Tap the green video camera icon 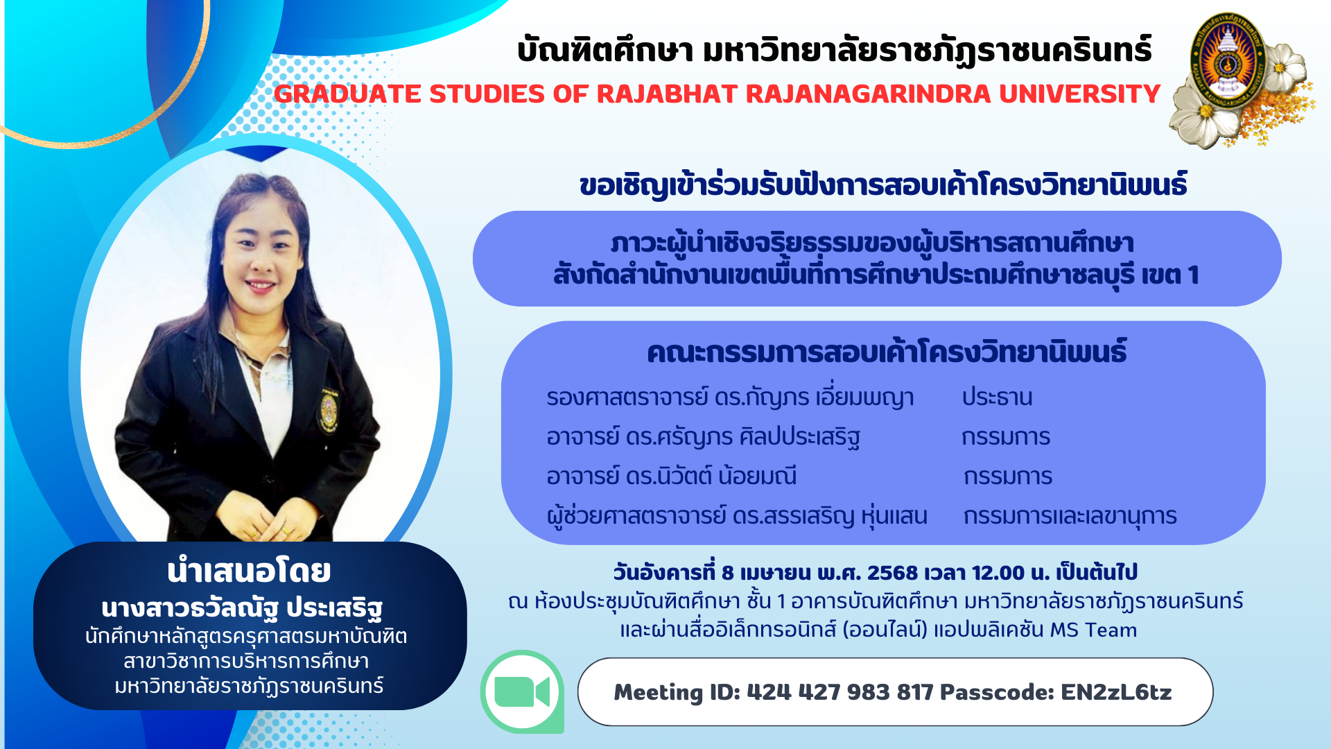click(522, 691)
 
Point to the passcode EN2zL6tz click(1116, 692)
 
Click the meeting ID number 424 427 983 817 click(840, 692)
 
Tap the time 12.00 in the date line click(998, 573)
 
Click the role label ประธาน click(997, 397)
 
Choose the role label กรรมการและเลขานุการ click(1070, 517)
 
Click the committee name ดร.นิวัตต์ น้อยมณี click(711, 476)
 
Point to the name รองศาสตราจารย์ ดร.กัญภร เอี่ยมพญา click(730, 397)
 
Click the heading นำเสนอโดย click(249, 571)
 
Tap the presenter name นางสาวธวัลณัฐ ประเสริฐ click(242, 608)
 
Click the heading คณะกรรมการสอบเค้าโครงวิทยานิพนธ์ click(887, 352)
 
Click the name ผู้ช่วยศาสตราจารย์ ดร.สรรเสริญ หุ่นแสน click(737, 517)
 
